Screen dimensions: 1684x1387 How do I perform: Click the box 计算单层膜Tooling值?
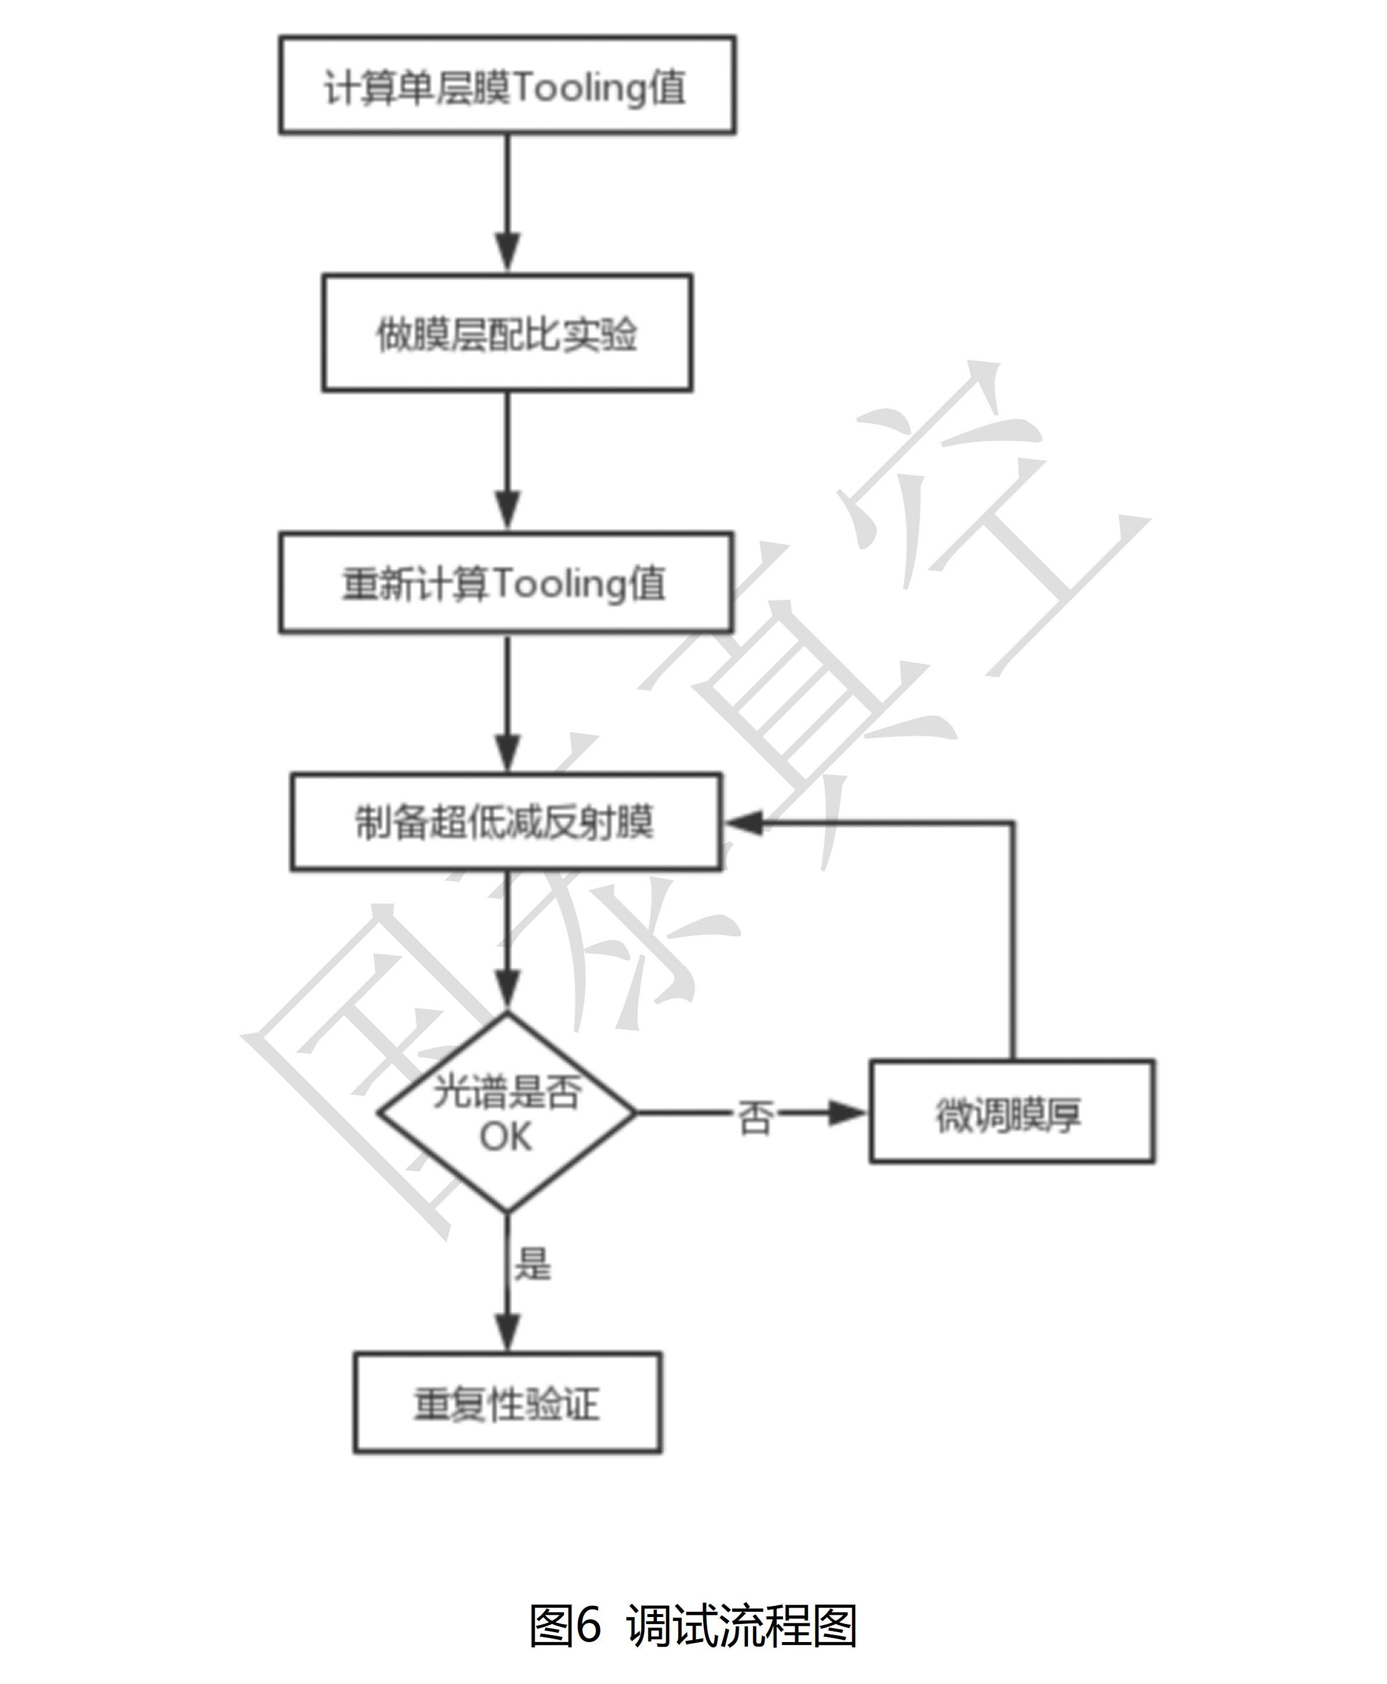pyautogui.click(x=507, y=84)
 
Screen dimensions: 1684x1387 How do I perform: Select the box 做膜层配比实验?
pyautogui.click(x=507, y=333)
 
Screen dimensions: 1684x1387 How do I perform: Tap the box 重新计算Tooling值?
pyautogui.click(x=505, y=582)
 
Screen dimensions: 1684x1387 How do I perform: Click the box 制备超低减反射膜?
pyautogui.click(x=505, y=821)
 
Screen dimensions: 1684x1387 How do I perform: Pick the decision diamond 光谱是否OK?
pyautogui.click(x=507, y=1112)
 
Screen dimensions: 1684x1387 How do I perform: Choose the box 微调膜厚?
pyautogui.click(x=1011, y=1111)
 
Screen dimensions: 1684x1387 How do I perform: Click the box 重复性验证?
pyautogui.click(x=507, y=1403)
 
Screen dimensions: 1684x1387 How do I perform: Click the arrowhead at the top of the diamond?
pyautogui.click(x=507, y=991)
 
